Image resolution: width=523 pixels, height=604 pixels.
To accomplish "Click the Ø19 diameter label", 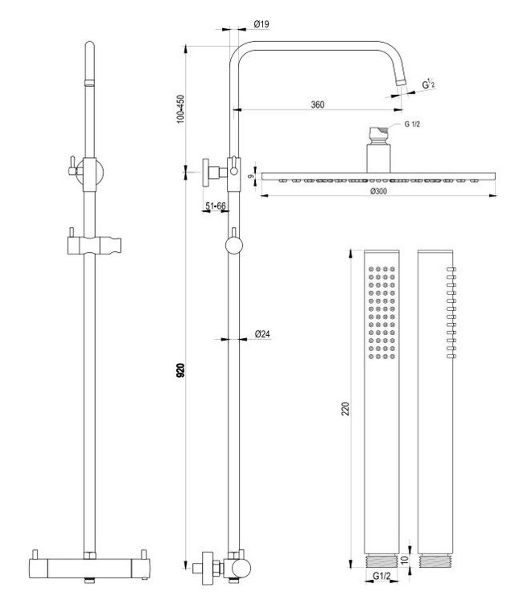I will click(x=260, y=24).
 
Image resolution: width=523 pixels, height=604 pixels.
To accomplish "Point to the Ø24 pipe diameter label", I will click(x=261, y=333).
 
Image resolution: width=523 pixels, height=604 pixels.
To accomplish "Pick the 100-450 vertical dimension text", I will click(x=182, y=109).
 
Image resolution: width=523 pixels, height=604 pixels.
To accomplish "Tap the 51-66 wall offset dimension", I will click(x=216, y=207).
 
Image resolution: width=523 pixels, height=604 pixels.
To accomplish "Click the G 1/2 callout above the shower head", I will click(x=412, y=124).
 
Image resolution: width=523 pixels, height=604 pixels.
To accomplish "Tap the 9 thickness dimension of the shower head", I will click(x=252, y=176).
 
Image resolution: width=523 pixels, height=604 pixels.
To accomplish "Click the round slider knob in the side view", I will click(x=233, y=246).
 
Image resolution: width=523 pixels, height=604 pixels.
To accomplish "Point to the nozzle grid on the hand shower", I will click(x=382, y=310).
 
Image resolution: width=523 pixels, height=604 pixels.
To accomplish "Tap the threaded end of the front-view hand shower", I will click(x=382, y=559).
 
